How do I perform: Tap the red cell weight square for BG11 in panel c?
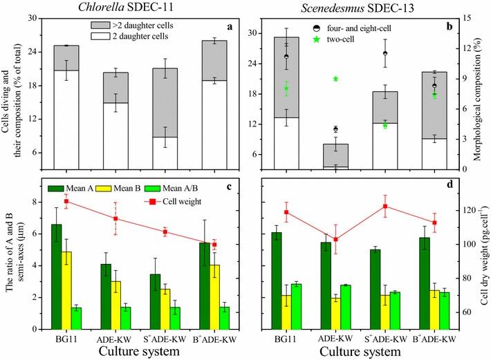(x=66, y=201)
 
